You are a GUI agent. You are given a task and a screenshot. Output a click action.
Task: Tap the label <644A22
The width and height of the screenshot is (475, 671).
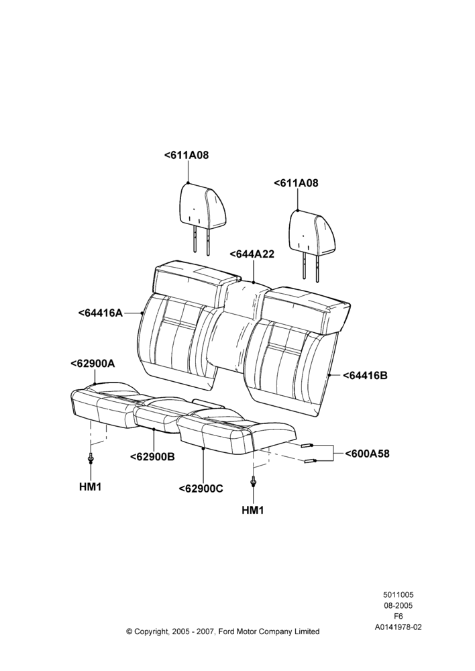click(x=252, y=254)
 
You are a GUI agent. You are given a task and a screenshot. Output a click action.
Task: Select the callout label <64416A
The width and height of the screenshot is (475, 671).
click(x=101, y=313)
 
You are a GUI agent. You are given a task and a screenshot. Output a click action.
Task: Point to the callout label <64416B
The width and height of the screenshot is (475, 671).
click(x=365, y=375)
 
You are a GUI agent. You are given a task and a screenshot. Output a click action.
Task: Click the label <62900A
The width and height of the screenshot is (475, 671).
click(x=93, y=363)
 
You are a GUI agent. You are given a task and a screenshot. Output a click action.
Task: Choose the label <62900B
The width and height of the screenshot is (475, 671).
click(x=152, y=456)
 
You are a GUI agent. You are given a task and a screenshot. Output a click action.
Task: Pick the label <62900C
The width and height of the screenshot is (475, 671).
click(x=201, y=488)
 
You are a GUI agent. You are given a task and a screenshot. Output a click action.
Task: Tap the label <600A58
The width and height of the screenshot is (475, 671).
click(x=367, y=454)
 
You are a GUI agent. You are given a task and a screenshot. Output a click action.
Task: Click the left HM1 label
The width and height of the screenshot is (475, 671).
click(x=91, y=486)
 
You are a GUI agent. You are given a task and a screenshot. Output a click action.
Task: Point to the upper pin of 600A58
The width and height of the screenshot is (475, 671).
click(x=307, y=446)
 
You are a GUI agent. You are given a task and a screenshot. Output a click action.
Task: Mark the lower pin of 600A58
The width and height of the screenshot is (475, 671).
click(x=311, y=460)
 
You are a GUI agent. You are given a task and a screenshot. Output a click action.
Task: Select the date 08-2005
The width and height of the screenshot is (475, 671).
click(x=398, y=605)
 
